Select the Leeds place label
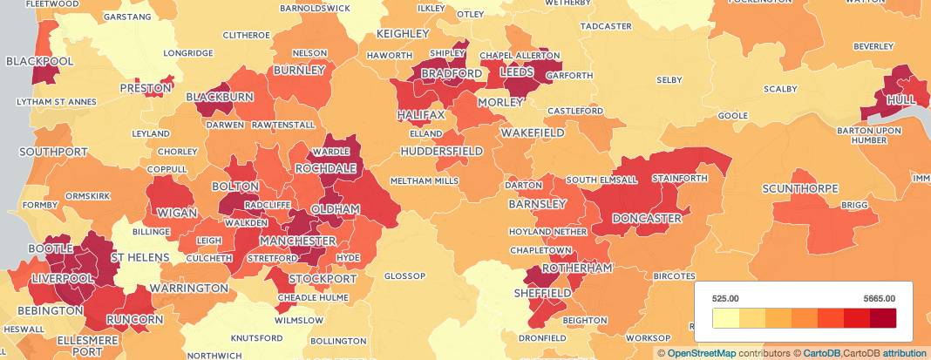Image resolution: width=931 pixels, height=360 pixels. click(x=522, y=74)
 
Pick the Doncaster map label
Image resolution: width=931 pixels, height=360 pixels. click(x=646, y=218)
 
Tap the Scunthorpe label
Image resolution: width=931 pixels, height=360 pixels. click(x=799, y=189)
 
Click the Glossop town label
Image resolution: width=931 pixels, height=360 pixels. click(x=404, y=276)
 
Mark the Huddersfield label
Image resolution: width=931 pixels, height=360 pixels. click(x=442, y=152)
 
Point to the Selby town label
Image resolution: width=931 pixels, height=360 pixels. click(x=669, y=80)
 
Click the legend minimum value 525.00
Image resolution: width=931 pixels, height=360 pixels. click(x=725, y=298)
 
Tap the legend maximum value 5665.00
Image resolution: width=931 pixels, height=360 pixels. click(x=880, y=298)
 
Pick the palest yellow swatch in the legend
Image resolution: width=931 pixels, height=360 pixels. click(x=725, y=318)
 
